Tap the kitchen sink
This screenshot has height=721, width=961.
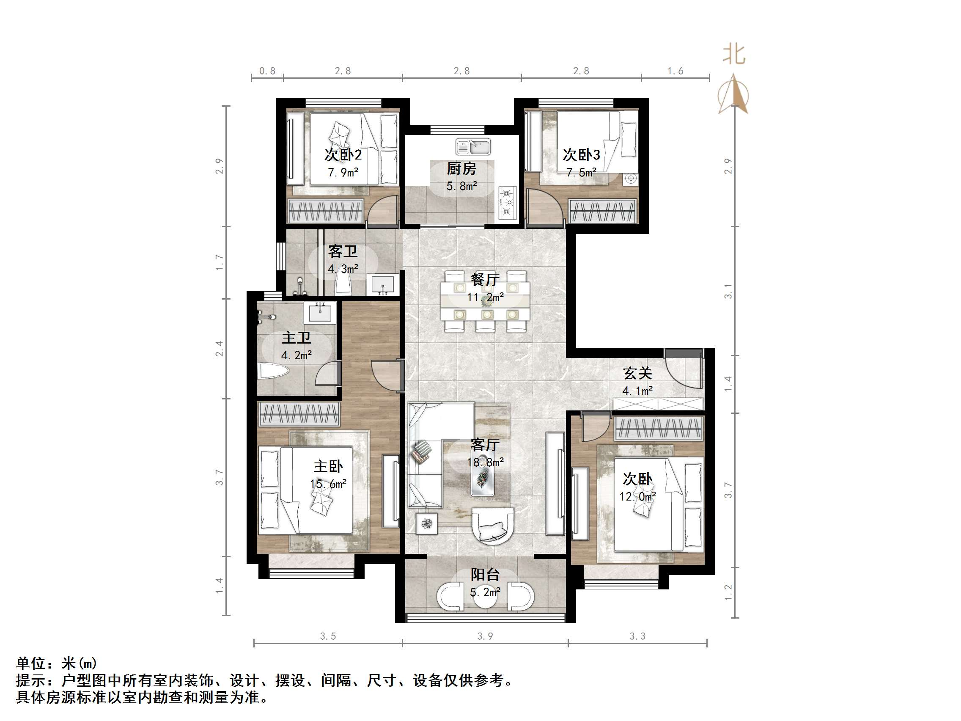[x=473, y=147]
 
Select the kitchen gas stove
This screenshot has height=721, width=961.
[x=508, y=202]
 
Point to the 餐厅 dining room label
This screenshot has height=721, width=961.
[x=485, y=279]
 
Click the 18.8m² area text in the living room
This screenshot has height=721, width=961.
[x=485, y=462]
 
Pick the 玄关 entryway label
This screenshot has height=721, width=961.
[x=637, y=373]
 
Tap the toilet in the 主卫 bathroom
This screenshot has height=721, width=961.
[x=273, y=372]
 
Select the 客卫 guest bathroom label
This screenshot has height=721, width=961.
[x=343, y=251]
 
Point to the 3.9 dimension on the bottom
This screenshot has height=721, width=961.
[x=485, y=636]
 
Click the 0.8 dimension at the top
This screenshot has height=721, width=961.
[x=267, y=71]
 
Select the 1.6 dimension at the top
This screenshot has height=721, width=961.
[x=675, y=71]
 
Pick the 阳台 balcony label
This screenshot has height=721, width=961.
[x=485, y=575]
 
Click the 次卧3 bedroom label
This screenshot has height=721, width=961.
[x=581, y=155]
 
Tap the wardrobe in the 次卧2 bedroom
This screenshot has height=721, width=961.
[x=325, y=210]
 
